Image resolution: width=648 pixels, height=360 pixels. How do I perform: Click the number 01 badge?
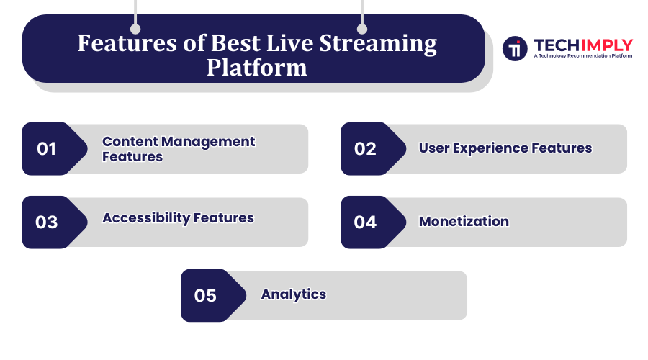pyautogui.click(x=47, y=149)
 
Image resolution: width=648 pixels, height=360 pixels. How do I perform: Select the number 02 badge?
pyautogui.click(x=365, y=149)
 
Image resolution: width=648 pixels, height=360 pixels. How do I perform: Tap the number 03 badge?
pyautogui.click(x=47, y=222)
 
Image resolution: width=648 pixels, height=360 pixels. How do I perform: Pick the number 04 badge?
pyautogui.click(x=365, y=222)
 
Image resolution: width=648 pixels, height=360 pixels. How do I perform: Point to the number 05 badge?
pyautogui.click(x=206, y=296)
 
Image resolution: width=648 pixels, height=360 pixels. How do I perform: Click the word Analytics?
pyautogui.click(x=293, y=294)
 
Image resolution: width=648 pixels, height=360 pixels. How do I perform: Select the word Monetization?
pyautogui.click(x=464, y=221)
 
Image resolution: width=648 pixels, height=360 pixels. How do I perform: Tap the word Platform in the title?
pyautogui.click(x=257, y=68)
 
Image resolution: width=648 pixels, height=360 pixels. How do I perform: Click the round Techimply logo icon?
pyautogui.click(x=516, y=49)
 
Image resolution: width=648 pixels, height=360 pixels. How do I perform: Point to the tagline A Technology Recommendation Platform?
pyautogui.click(x=582, y=55)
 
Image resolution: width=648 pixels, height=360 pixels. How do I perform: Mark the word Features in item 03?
pyautogui.click(x=225, y=217)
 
